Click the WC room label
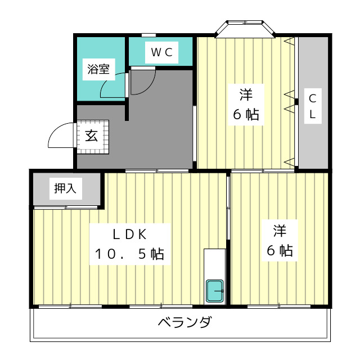coord(163,53)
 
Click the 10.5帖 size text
coord(129,254)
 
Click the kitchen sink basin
coord(215,291)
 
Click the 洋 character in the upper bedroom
coord(246,93)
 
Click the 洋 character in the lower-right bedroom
coord(280,231)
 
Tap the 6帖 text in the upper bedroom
coord(246,114)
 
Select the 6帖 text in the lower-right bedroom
coord(280,251)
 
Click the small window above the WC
coord(148,36)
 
